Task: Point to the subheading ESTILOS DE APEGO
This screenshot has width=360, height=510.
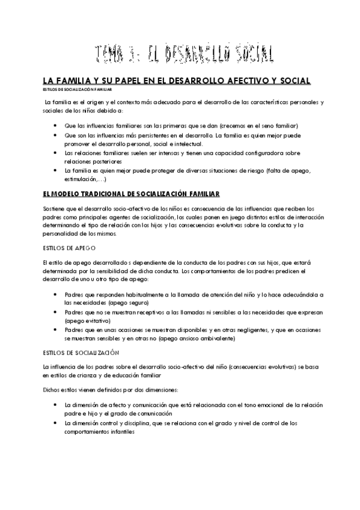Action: click(x=67, y=248)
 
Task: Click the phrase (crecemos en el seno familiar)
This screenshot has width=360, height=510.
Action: click(x=258, y=125)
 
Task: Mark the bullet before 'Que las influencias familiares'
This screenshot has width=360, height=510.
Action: click(x=55, y=125)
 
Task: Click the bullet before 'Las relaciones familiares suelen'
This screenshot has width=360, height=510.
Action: click(x=55, y=153)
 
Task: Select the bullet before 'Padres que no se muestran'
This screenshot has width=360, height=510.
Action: click(x=55, y=313)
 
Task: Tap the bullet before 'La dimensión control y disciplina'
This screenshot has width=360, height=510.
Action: click(x=55, y=423)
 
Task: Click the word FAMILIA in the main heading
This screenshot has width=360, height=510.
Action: click(x=67, y=81)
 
